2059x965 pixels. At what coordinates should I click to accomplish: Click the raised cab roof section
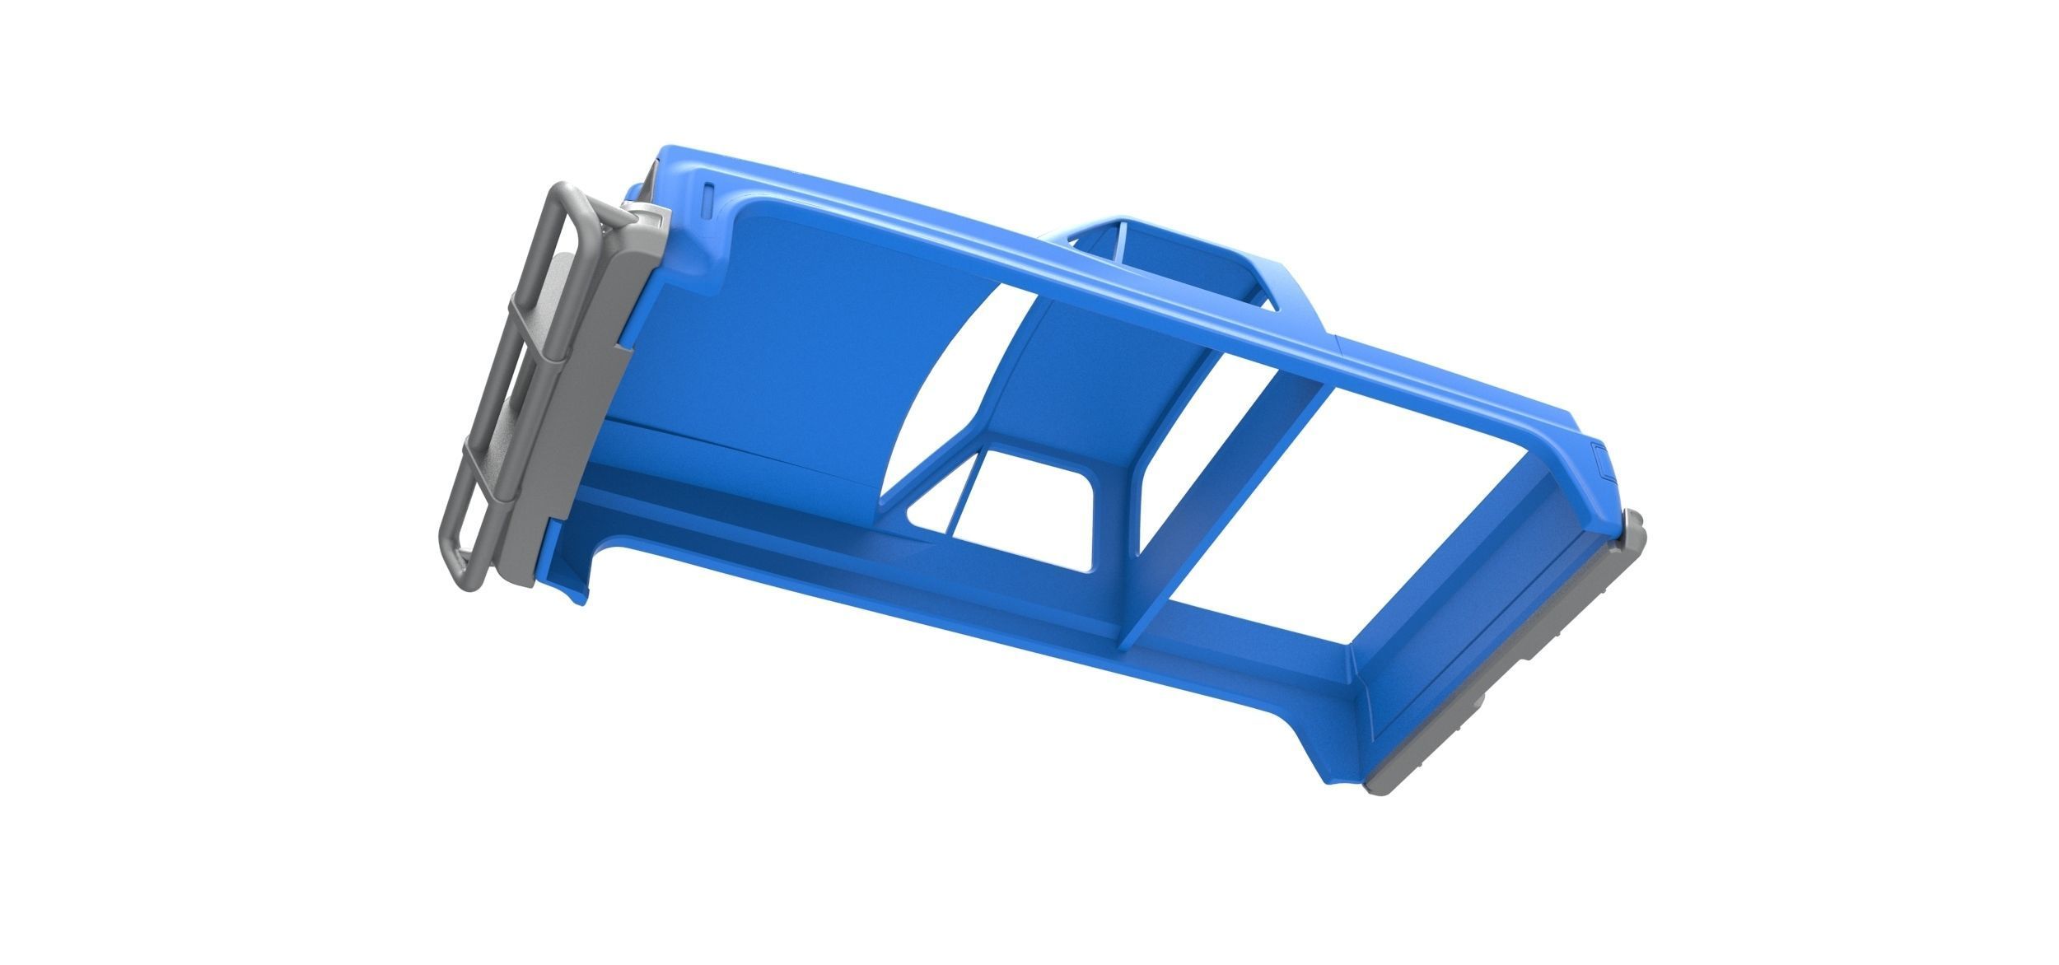coord(1170,239)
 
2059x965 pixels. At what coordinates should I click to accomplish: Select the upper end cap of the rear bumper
coord(1633,527)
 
